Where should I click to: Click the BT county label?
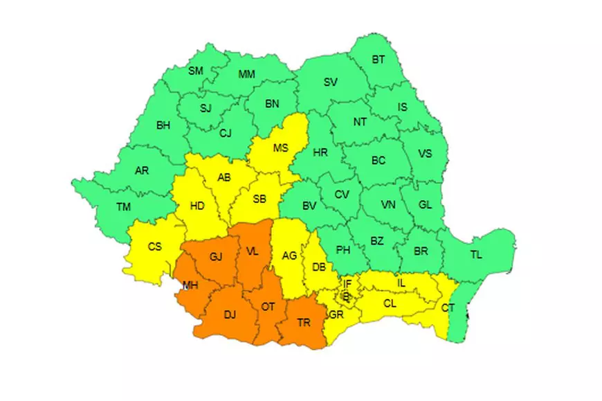[378, 60]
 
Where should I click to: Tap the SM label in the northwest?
[196, 71]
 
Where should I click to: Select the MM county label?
[246, 74]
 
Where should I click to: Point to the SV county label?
[331, 82]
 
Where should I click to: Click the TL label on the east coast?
[475, 255]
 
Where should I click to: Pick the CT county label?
[448, 308]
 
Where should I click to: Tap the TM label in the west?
[124, 206]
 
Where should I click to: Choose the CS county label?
[155, 246]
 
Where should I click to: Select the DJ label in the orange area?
[230, 315]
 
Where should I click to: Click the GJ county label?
[215, 258]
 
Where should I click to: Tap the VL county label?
[253, 252]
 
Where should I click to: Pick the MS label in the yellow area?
[280, 148]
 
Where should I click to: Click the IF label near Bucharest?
[347, 283]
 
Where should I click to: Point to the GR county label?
[337, 314]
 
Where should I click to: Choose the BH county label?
[163, 125]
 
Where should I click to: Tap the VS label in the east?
[424, 154]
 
